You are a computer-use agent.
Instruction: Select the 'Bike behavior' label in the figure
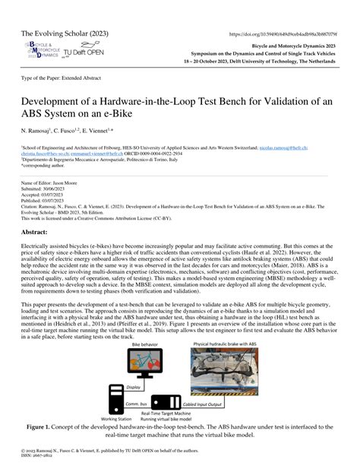tap(125, 343)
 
